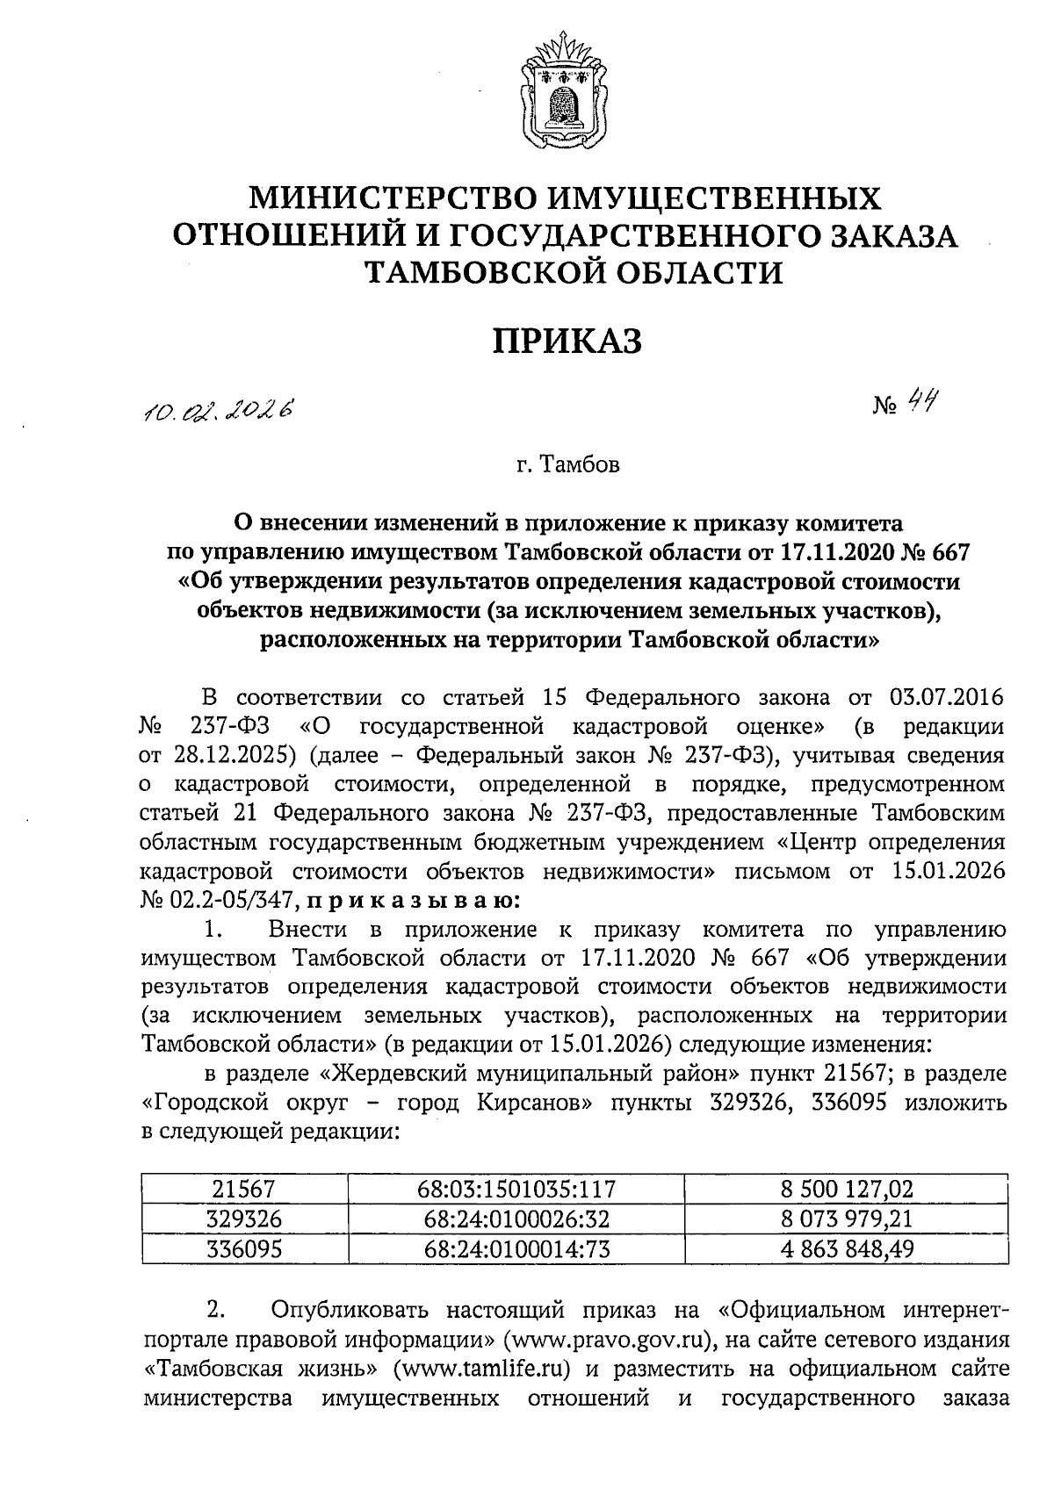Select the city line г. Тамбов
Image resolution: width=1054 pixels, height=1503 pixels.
567,464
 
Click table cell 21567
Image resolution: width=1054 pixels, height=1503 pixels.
244,1190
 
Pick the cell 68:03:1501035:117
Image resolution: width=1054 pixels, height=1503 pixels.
516,1190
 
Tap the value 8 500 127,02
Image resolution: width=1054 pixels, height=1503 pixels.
847,1190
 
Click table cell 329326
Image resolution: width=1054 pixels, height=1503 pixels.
244,1219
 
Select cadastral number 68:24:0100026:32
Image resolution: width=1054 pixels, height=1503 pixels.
516,1219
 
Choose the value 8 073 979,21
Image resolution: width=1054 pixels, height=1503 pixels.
847,1219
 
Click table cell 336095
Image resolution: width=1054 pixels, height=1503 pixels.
244,1248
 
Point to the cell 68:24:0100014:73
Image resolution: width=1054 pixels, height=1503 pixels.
516,1248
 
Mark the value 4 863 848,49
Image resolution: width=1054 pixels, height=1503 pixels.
847,1248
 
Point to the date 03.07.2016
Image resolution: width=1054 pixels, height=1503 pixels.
946,698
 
